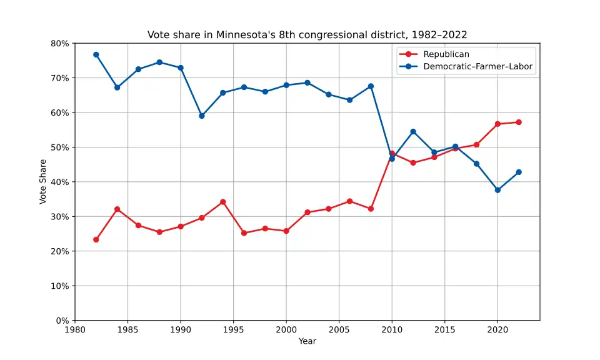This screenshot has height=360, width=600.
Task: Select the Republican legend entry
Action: tap(446, 54)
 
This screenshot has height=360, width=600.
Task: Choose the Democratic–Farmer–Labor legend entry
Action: tap(479, 67)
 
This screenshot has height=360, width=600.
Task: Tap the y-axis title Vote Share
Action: tap(43, 181)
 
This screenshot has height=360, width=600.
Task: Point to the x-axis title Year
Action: tap(307, 341)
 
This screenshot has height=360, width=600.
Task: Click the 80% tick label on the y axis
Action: tap(60, 43)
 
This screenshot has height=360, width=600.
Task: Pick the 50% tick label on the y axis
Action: tap(60, 147)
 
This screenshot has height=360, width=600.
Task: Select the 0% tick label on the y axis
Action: tap(62, 321)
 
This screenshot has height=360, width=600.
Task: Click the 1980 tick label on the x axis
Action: tap(75, 329)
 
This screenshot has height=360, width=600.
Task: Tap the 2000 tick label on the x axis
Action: tap(286, 329)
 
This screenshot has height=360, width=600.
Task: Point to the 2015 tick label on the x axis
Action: tap(445, 329)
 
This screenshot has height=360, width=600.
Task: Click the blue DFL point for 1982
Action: tap(96, 54)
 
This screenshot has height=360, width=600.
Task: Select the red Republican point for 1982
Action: tap(96, 239)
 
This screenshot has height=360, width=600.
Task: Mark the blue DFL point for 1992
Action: tap(202, 116)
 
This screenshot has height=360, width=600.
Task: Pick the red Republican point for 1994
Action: tap(223, 202)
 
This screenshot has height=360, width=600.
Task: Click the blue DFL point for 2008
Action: tap(371, 86)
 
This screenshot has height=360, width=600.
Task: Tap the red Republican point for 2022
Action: tap(519, 122)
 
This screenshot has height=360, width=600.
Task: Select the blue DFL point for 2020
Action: tap(497, 190)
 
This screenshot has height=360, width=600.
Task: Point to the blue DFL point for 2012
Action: tap(413, 131)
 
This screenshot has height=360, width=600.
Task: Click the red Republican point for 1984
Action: tap(117, 209)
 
